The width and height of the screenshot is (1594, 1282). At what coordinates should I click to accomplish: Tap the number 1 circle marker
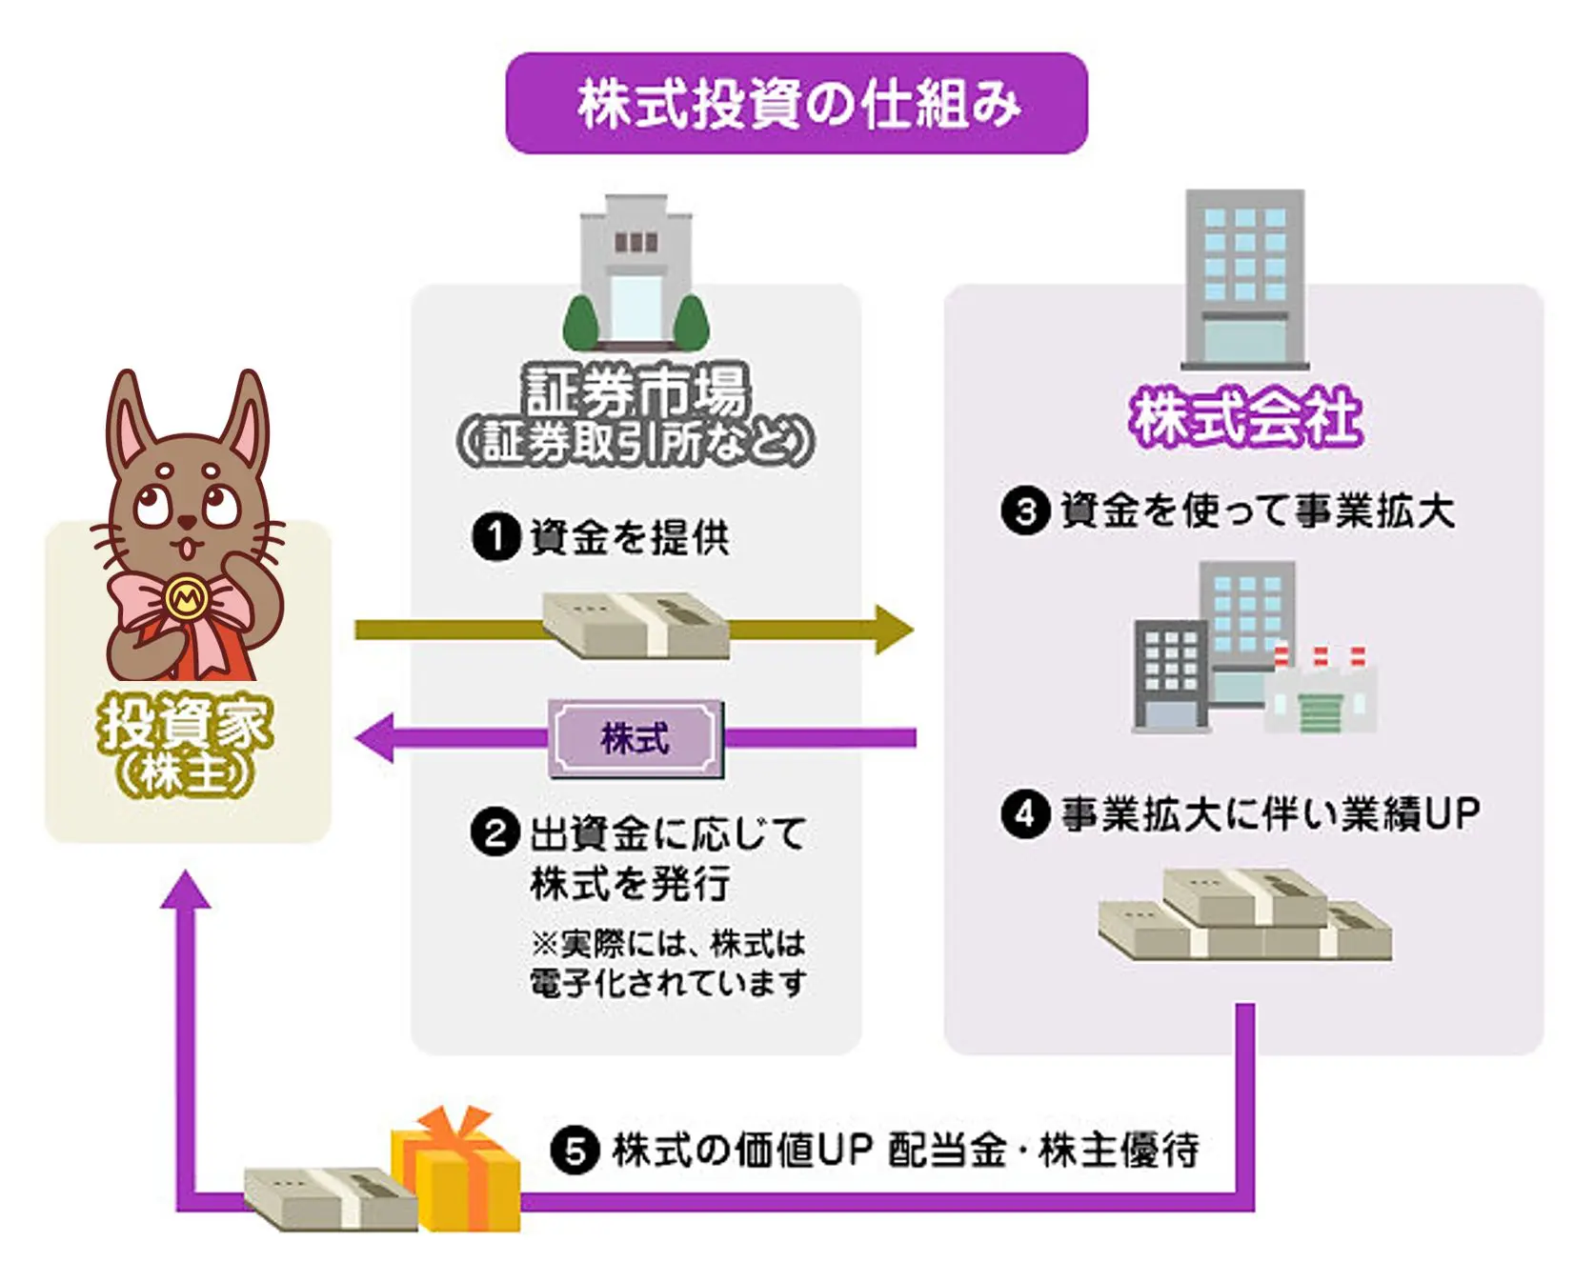click(495, 537)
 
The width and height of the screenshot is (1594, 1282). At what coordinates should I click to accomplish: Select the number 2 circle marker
click(495, 833)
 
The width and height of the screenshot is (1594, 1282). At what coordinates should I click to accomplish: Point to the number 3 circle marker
click(1024, 511)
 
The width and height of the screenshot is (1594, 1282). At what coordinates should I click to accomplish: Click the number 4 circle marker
click(1024, 814)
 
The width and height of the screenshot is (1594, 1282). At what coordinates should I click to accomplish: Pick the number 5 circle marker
click(575, 1151)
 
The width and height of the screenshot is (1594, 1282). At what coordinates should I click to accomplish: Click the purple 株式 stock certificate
click(636, 738)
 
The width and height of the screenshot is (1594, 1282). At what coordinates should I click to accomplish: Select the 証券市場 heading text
click(636, 390)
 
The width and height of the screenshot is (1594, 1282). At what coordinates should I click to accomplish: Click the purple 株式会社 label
click(1244, 417)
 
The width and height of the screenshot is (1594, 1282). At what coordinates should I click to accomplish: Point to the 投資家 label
click(186, 724)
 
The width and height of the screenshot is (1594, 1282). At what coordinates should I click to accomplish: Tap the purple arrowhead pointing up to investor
click(186, 891)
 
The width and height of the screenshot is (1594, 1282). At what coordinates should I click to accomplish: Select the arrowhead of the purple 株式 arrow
click(374, 738)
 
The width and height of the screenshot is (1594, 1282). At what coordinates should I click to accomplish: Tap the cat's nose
click(187, 521)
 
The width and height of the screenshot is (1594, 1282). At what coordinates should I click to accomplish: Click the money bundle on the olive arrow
click(636, 625)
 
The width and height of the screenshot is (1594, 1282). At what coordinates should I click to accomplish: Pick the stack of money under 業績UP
click(1244, 914)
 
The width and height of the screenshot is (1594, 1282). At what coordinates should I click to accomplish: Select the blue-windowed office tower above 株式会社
click(1244, 276)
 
